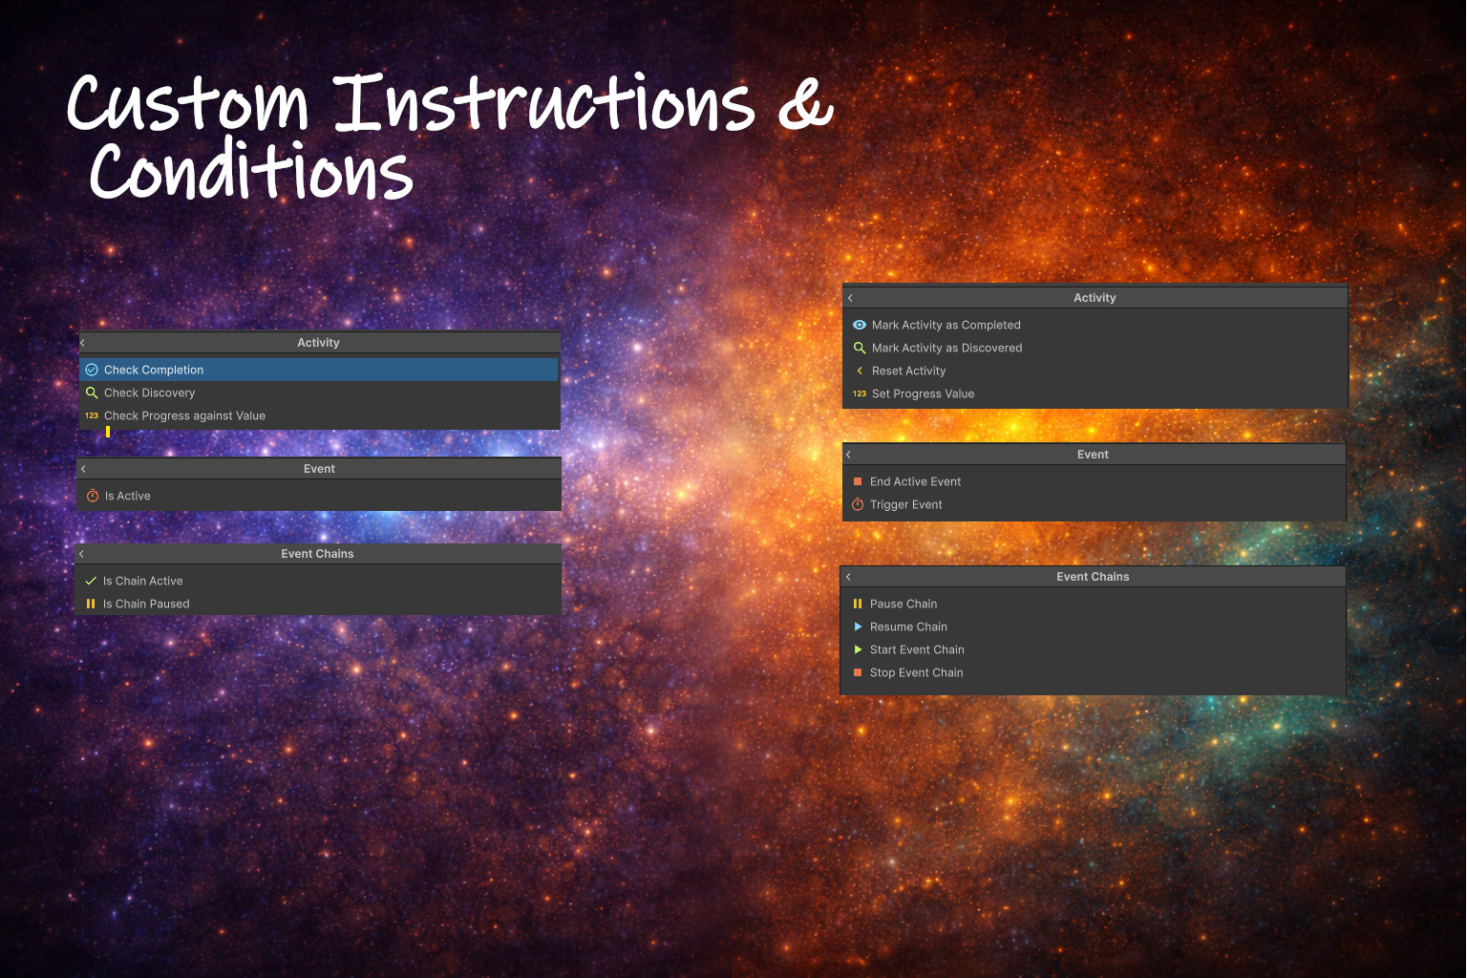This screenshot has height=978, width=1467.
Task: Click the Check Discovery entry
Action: tap(149, 393)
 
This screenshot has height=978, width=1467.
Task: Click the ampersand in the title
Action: tap(806, 103)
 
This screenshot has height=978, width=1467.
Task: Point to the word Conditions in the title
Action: tap(251, 169)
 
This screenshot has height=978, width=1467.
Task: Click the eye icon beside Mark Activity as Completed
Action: tap(860, 325)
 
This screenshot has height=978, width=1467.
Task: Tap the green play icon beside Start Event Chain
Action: tap(858, 649)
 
